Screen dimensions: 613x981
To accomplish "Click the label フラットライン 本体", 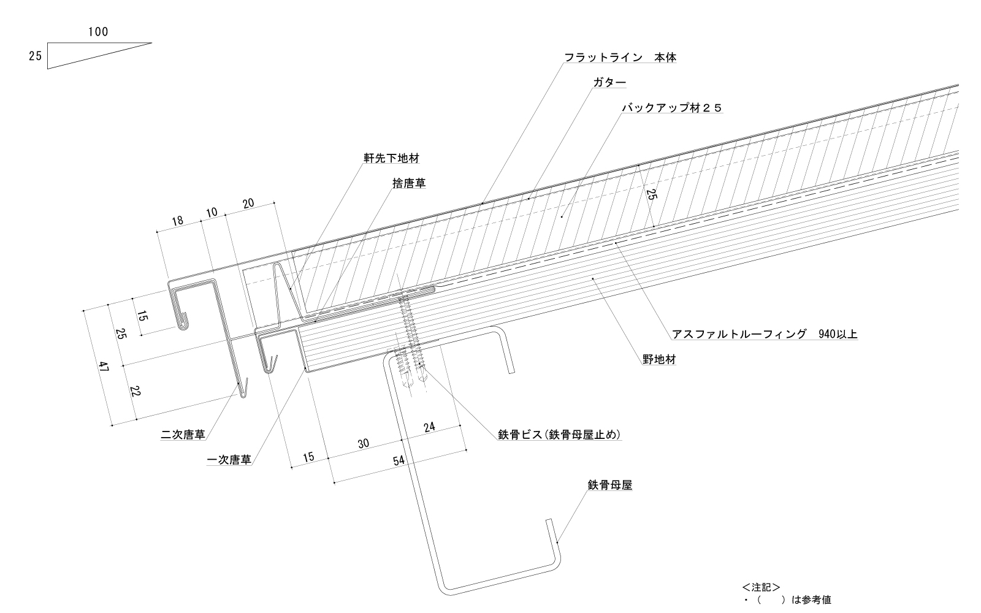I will coord(620,58).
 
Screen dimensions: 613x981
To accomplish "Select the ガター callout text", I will coord(609,83).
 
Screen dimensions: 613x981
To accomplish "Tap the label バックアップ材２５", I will coord(672,108).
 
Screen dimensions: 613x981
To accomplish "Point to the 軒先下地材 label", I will coord(392,158).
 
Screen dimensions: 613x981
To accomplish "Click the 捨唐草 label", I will coord(409,183).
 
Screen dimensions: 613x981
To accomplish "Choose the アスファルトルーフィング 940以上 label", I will coord(765,334).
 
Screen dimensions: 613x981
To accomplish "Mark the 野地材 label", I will coord(659,360).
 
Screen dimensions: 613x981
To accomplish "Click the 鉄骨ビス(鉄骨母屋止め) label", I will coord(560,435).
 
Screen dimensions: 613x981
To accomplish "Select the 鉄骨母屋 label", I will coord(609,485).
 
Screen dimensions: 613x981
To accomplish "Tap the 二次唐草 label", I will coord(182,435).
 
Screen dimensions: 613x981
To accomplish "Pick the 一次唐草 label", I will coord(229,460).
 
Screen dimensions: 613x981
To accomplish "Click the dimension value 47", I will coord(104,368).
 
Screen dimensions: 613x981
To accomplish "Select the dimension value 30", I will coord(364,443).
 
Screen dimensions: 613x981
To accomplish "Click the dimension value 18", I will coord(177,221).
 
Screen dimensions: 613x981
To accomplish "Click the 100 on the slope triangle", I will coord(98,32).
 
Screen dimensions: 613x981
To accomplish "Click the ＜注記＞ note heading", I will coord(760,587).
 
